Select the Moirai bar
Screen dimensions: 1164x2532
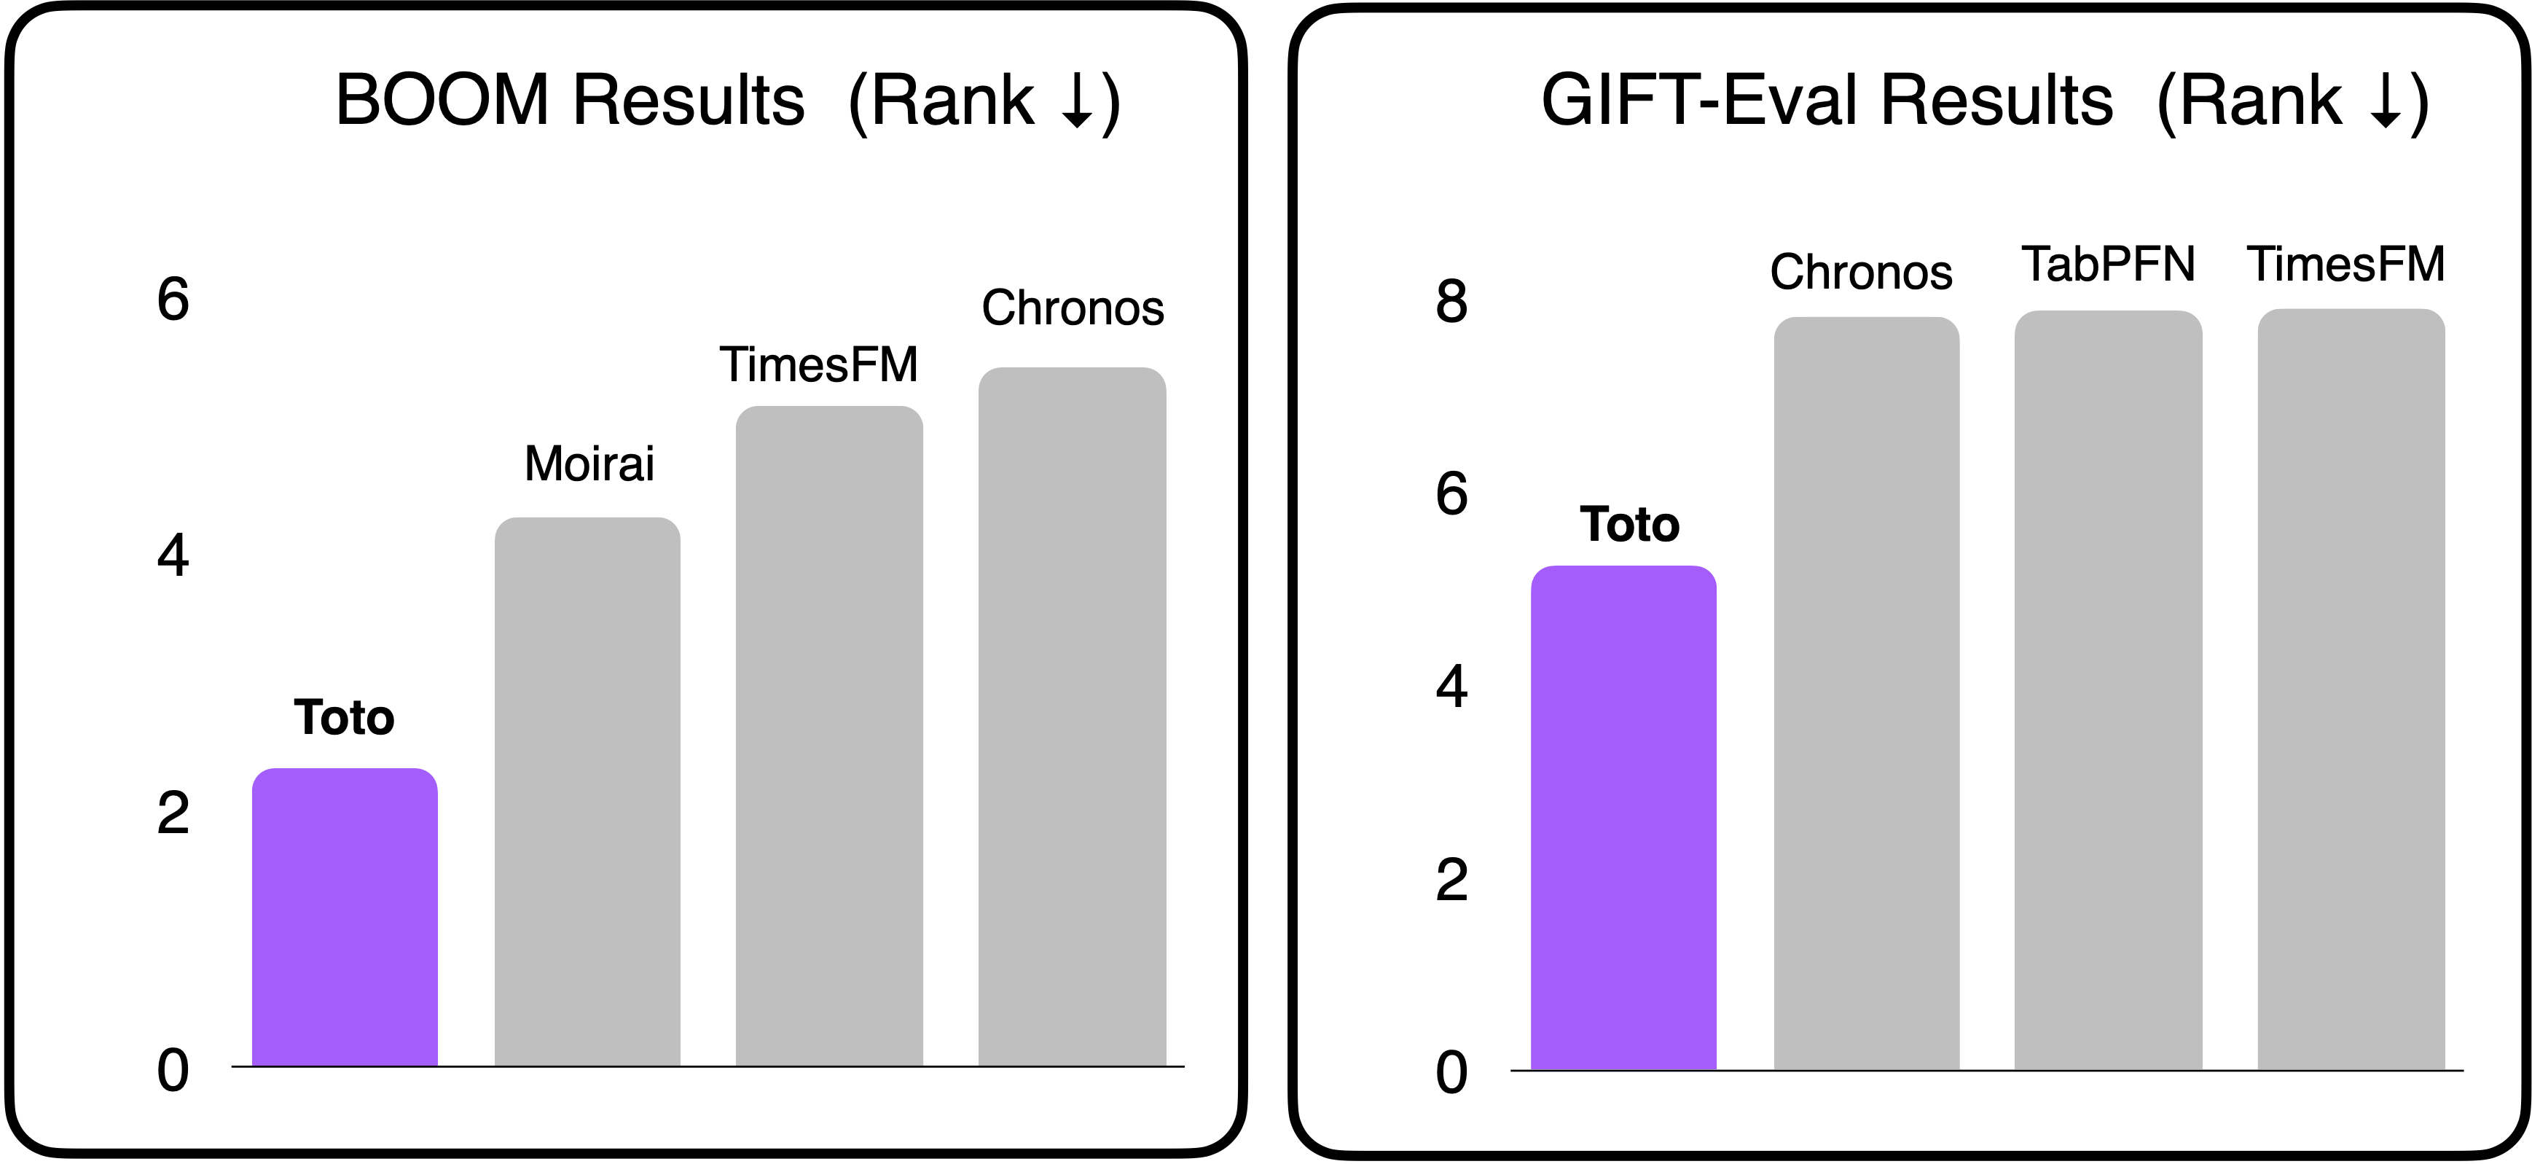coord(587,792)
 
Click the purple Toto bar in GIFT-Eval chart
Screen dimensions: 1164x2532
coord(1623,817)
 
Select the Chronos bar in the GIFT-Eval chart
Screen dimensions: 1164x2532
coord(1865,693)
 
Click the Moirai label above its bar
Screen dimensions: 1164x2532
coord(589,464)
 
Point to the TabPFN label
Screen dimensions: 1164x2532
coord(2107,265)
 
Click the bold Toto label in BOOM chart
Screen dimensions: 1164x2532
coord(344,718)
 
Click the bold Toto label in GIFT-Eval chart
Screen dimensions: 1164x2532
coord(1628,525)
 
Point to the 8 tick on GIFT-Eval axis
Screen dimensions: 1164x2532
coord(1451,301)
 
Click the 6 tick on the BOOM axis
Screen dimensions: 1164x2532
coord(173,299)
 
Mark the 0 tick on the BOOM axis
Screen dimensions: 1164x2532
coord(173,1070)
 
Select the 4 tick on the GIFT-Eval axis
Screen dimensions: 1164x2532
coord(1451,686)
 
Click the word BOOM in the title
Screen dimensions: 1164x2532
coord(442,101)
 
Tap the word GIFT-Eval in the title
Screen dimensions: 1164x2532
coord(1701,101)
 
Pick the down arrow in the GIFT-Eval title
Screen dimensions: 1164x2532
coord(2386,102)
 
